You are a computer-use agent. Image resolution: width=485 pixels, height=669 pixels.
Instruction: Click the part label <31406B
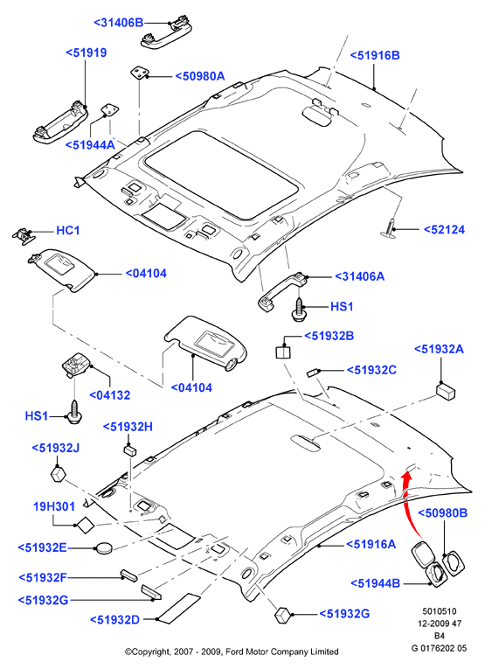(119, 23)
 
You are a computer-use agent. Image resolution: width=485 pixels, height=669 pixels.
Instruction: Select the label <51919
(87, 52)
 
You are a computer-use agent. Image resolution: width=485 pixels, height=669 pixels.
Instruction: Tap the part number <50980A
(200, 76)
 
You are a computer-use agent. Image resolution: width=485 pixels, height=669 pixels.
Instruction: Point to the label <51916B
(375, 55)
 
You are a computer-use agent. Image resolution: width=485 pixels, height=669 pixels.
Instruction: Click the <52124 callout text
(444, 229)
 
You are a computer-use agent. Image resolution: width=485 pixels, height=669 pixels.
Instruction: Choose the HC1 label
(68, 231)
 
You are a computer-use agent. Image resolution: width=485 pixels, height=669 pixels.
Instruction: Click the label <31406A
(360, 276)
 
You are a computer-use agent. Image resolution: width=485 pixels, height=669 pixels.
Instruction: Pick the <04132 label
(109, 395)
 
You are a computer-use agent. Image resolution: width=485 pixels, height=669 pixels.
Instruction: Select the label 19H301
(54, 507)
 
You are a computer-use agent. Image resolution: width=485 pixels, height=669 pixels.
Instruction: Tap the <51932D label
(114, 620)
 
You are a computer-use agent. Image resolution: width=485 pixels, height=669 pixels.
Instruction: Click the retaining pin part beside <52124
(390, 227)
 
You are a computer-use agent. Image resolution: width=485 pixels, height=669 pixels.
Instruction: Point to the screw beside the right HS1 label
(300, 309)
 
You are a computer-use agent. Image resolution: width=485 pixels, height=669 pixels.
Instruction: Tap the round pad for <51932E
(104, 547)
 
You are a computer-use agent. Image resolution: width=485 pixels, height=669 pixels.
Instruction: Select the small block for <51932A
(446, 391)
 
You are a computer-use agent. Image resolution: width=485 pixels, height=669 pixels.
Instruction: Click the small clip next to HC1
(23, 234)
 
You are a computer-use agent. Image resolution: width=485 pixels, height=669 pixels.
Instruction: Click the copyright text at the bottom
(232, 652)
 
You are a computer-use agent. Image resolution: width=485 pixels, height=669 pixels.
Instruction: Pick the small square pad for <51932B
(283, 352)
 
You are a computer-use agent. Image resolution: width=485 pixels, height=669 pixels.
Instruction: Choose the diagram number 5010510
(439, 611)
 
